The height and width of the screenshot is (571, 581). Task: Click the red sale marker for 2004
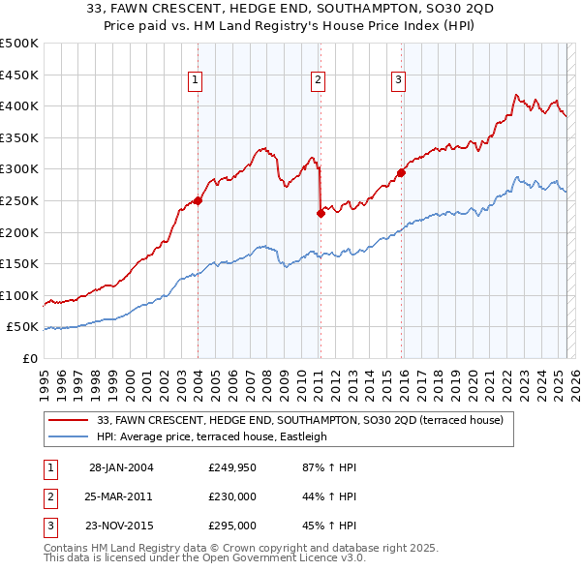point(198,200)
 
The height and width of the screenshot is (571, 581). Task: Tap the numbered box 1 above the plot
point(196,80)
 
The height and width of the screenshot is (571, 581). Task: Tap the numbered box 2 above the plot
point(318,80)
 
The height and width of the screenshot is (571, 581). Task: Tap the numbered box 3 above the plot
point(398,80)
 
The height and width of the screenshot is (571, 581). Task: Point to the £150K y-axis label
point(19,263)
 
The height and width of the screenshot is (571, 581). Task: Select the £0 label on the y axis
point(28,358)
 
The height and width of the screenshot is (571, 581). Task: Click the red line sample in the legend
point(68,421)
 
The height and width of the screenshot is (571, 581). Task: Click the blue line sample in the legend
point(68,436)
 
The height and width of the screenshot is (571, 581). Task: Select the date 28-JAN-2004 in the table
point(121,467)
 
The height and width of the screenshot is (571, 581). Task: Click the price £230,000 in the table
point(232,496)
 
